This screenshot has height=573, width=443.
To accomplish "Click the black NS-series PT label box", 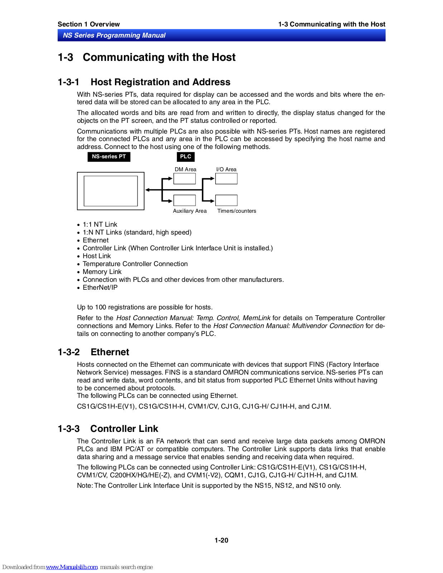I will tap(109, 157).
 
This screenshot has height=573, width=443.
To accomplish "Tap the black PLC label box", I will tap(186, 157).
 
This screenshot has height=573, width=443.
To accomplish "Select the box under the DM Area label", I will tap(184, 179).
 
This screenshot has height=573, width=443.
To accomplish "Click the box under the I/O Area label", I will tap(226, 179).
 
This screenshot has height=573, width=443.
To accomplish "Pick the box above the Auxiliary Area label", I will tap(184, 200).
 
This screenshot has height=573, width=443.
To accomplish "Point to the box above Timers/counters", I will tap(226, 200).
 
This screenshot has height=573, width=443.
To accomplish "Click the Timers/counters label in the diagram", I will tap(237, 211).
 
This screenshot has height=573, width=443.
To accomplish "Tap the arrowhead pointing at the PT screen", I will tap(148, 190).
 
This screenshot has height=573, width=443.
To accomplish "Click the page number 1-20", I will tap(221, 540).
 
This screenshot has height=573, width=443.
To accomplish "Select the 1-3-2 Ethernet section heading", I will tap(93, 352).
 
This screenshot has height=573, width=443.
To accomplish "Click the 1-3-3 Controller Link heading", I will tap(108, 429).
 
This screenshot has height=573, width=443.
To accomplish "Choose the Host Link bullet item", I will tap(97, 256).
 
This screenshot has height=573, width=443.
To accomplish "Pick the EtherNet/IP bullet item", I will tap(100, 288).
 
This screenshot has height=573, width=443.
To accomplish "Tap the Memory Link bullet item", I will tap(102, 272).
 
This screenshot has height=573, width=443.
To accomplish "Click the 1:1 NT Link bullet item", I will tap(100, 225).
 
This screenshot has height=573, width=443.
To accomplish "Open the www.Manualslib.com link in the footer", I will tap(72, 567).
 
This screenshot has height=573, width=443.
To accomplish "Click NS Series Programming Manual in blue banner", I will tap(114, 35).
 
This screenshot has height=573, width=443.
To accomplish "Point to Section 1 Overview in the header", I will tap(88, 24).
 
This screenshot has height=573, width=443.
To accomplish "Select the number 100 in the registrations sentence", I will tap(100, 307).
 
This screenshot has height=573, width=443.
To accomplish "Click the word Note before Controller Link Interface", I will tap(85, 486).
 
